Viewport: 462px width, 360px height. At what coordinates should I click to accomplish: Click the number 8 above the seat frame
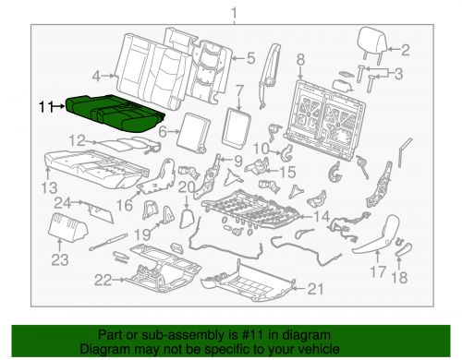coord(299,61)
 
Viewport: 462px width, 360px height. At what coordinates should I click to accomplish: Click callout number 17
coord(376,272)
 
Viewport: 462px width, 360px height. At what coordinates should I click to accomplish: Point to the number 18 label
coord(398,278)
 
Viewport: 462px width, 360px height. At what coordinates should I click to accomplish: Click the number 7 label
coord(238,91)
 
